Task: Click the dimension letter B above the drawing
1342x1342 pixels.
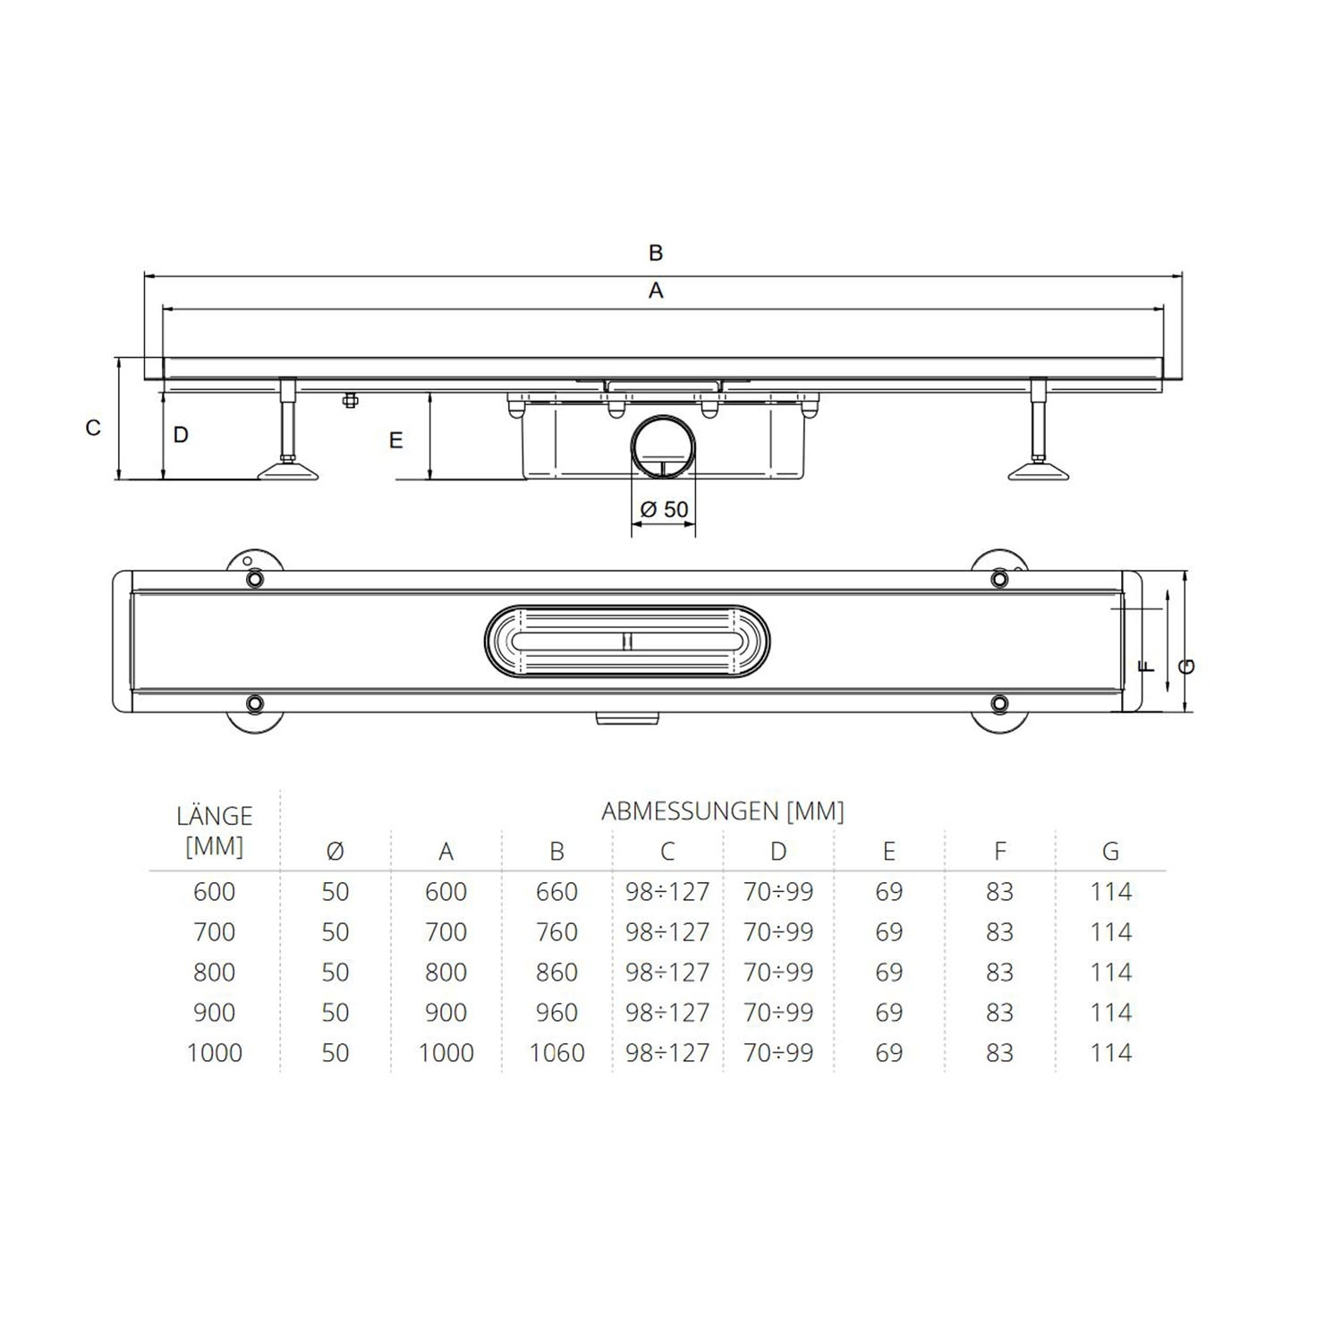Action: pyautogui.click(x=656, y=253)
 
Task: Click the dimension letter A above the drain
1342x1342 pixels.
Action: pyautogui.click(x=656, y=291)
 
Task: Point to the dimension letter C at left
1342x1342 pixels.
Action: pyautogui.click(x=93, y=429)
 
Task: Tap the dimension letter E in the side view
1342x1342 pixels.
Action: pyautogui.click(x=395, y=440)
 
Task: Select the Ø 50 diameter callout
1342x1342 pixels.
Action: pyautogui.click(x=665, y=510)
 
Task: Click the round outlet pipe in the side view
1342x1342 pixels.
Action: pyautogui.click(x=663, y=447)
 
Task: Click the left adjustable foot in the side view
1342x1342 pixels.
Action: pyautogui.click(x=288, y=466)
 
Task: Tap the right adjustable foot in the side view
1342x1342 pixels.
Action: pyautogui.click(x=1039, y=466)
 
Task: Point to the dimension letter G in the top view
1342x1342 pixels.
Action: pyautogui.click(x=1188, y=667)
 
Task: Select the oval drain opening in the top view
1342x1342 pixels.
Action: pyautogui.click(x=626, y=641)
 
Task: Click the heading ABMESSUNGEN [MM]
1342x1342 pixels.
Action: pyautogui.click(x=723, y=811)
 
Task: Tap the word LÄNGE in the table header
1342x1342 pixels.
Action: pyautogui.click(x=215, y=816)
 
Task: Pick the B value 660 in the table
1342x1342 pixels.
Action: pyautogui.click(x=556, y=892)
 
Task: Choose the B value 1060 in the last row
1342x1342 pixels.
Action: pyautogui.click(x=556, y=1053)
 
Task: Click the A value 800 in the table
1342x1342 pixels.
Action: pyautogui.click(x=446, y=973)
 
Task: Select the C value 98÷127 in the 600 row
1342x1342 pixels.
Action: pyautogui.click(x=667, y=892)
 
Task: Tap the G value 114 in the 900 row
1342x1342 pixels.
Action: pyautogui.click(x=1110, y=1013)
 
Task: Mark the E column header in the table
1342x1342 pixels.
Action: pyautogui.click(x=888, y=852)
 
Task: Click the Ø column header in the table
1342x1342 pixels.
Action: pyautogui.click(x=335, y=852)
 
